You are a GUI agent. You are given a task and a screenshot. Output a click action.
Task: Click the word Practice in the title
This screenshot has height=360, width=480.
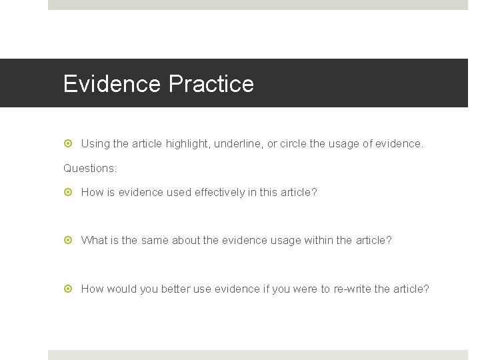click(x=211, y=84)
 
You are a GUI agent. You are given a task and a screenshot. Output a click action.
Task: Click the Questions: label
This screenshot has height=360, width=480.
click(x=90, y=168)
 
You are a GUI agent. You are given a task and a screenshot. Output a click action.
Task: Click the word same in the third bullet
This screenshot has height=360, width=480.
click(x=154, y=240)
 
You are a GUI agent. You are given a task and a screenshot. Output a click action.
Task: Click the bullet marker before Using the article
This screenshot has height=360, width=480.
click(x=68, y=143)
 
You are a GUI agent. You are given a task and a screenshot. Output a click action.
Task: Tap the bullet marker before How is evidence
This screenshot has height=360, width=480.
click(x=68, y=193)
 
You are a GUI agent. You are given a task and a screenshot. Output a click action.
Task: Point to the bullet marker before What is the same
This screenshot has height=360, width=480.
click(x=68, y=240)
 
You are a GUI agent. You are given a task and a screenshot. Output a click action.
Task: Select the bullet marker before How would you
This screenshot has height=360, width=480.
click(x=68, y=289)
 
